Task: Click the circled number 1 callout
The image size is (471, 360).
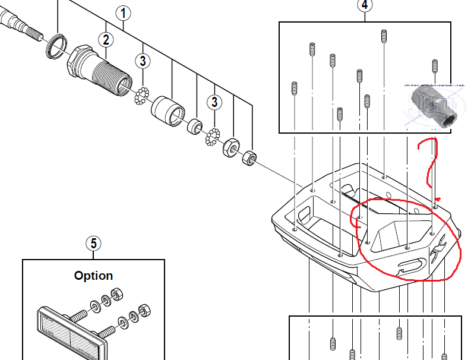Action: pyautogui.click(x=123, y=12)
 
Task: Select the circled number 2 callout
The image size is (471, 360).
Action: pyautogui.click(x=106, y=40)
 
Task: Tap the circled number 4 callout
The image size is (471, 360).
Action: pyautogui.click(x=365, y=5)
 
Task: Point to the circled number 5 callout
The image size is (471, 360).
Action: pyautogui.click(x=93, y=243)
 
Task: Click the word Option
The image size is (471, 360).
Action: pyautogui.click(x=93, y=276)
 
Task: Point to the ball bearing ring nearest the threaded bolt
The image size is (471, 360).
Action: pyautogui.click(x=142, y=95)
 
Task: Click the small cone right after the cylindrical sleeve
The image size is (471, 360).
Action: pyautogui.click(x=194, y=127)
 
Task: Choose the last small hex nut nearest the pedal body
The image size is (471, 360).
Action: pyautogui.click(x=249, y=158)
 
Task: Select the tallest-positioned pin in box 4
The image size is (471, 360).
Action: pyautogui.click(x=384, y=36)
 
